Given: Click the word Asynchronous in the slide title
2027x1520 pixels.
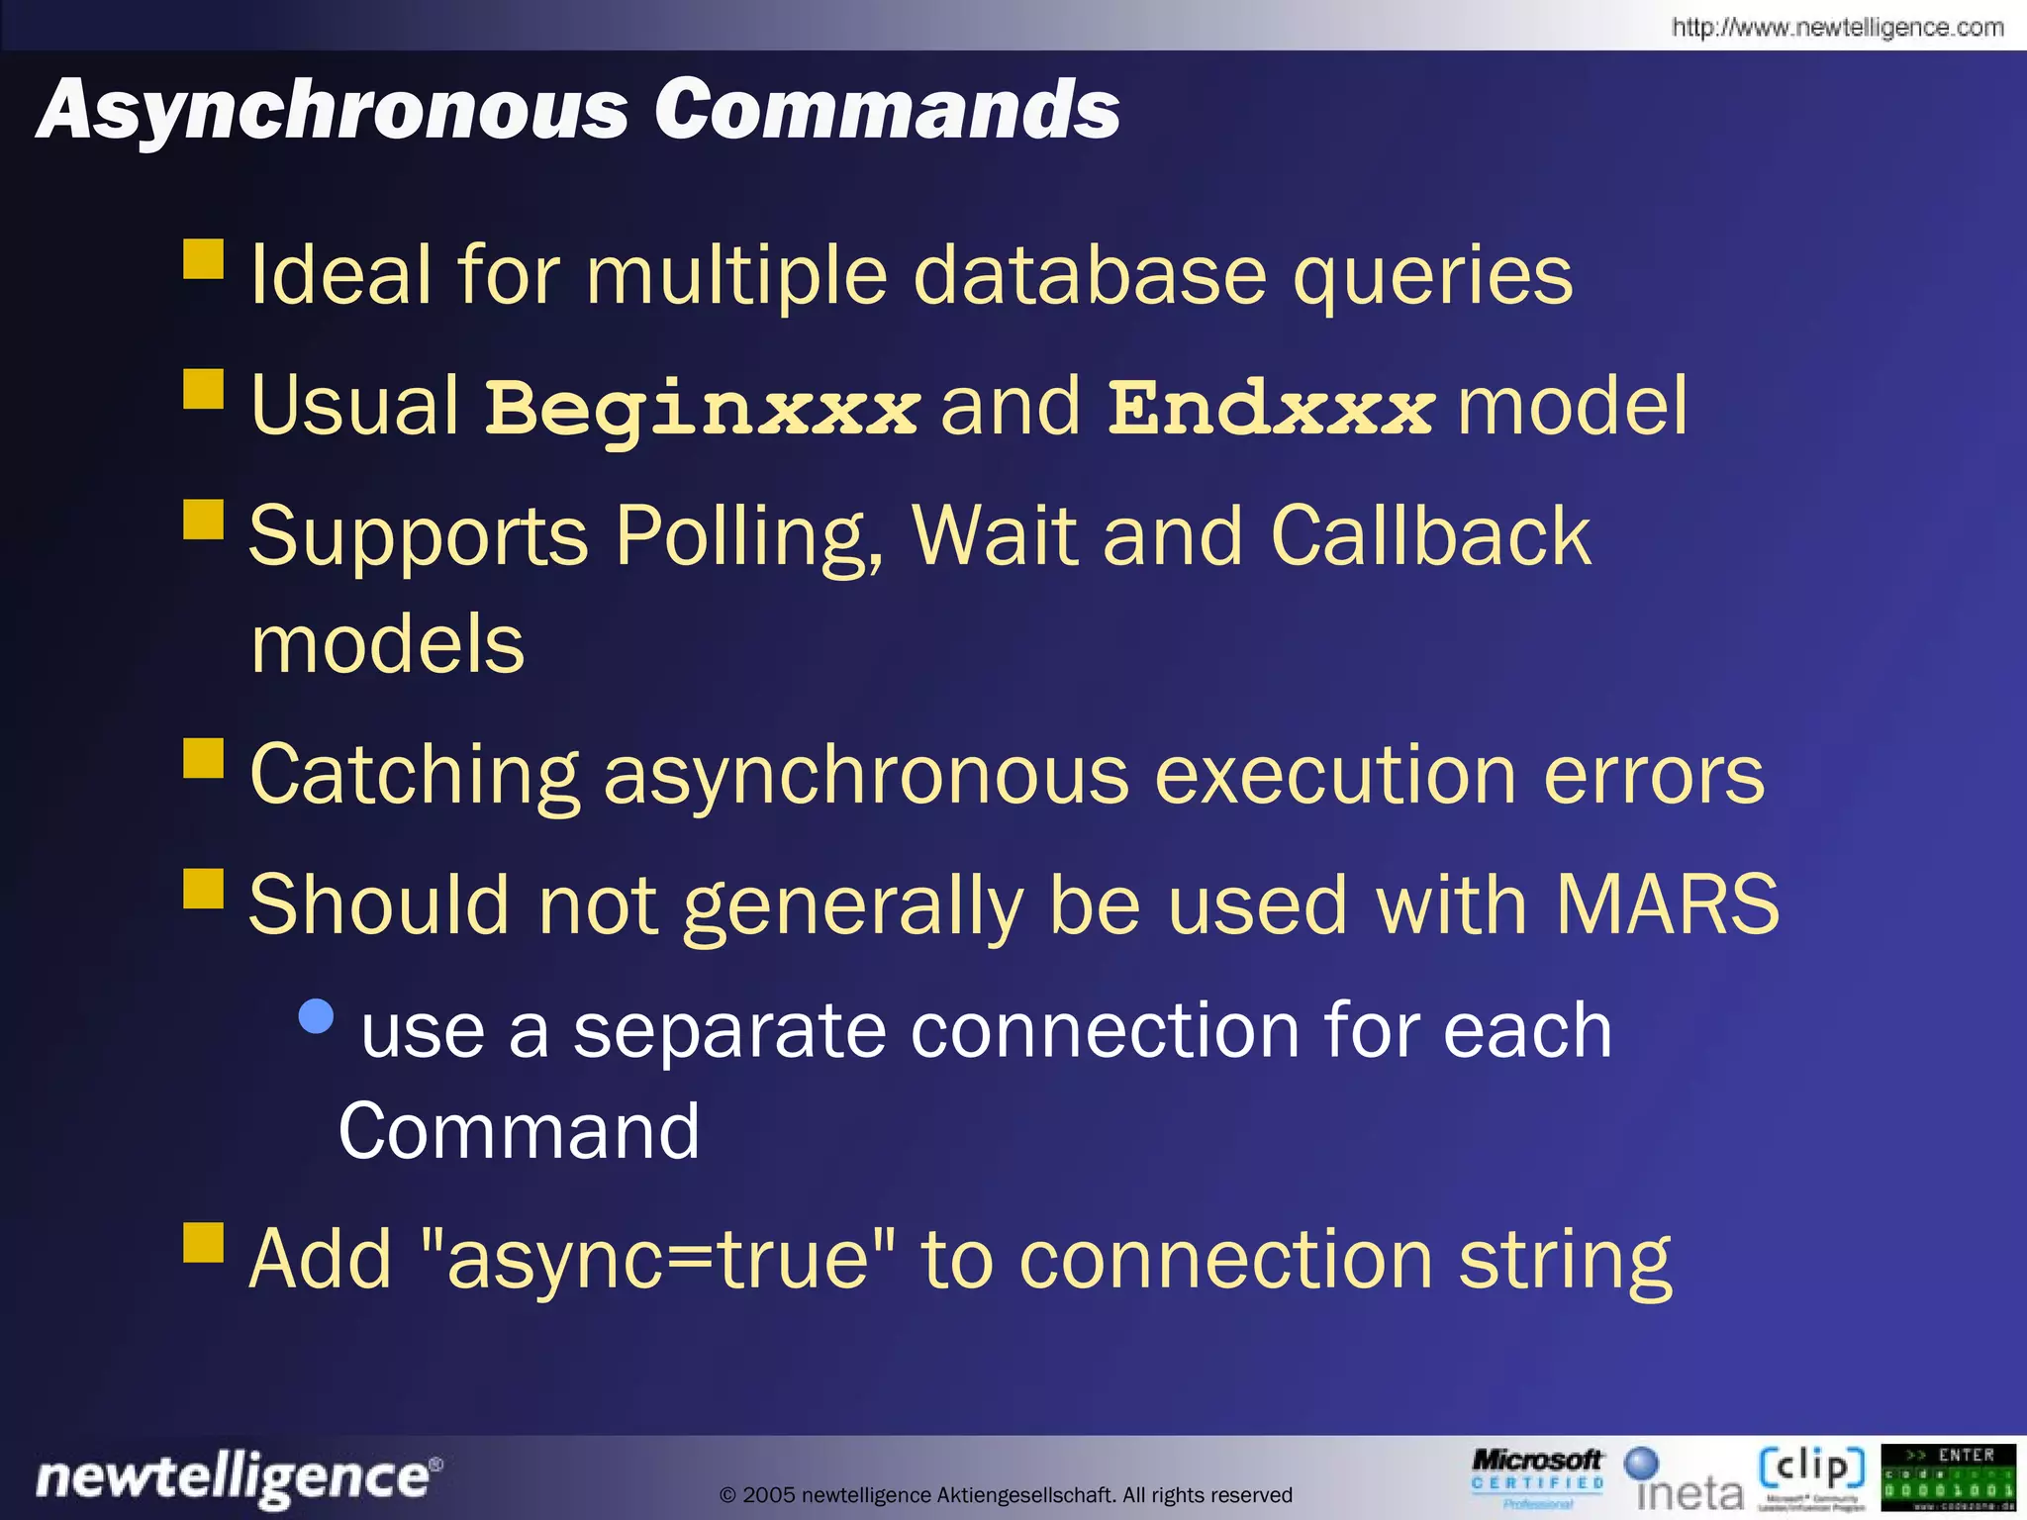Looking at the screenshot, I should [x=333, y=109].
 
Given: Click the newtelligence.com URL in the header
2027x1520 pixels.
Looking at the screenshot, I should [x=1837, y=28].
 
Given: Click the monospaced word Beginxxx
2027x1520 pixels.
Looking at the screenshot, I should [x=702, y=408].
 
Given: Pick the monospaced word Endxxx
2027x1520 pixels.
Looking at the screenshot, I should [x=1270, y=408].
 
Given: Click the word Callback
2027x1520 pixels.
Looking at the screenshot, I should [x=1430, y=536].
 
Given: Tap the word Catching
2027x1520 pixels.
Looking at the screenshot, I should [x=414, y=775].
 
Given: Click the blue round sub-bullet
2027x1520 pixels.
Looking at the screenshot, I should [x=316, y=1016].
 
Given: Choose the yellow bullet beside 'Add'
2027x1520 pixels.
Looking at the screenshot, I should [x=204, y=1243].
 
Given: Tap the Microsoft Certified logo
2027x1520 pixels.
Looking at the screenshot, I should [x=1536, y=1476].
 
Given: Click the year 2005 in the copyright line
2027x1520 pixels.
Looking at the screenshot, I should [x=768, y=1495].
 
